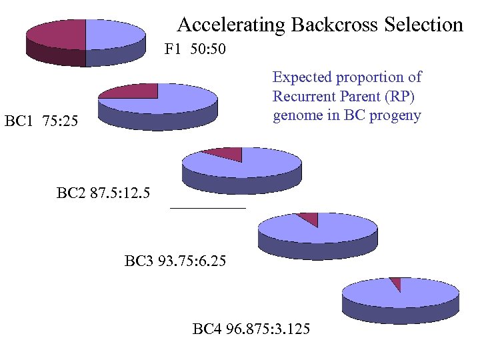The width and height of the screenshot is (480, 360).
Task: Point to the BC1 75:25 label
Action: point(41,121)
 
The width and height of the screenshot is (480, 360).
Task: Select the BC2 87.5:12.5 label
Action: point(103,194)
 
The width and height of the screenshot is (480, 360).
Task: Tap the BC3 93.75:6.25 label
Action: point(175,261)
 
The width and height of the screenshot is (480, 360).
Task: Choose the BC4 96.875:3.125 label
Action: point(251,329)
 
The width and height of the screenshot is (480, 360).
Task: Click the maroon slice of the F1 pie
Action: point(57,34)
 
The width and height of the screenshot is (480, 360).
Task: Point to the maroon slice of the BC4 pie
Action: point(397,283)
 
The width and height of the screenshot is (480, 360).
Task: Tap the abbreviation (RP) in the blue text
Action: point(403,96)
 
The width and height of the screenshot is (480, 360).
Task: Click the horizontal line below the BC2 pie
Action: point(208,209)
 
